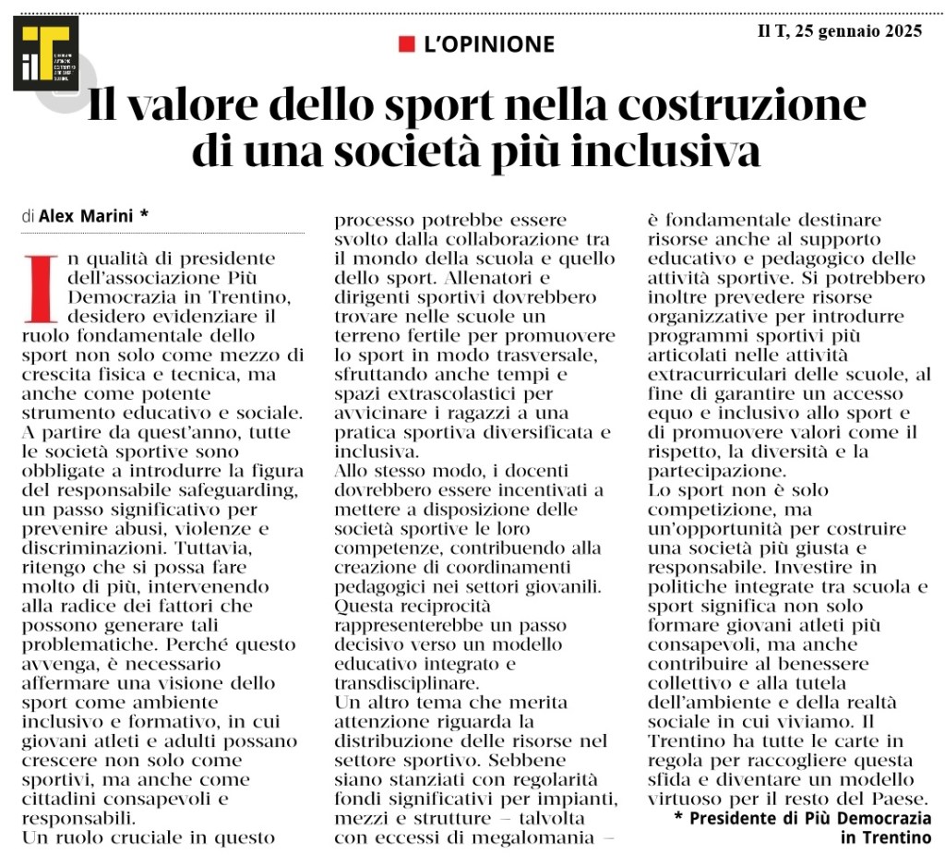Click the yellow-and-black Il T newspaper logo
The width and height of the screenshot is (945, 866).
coord(45,53)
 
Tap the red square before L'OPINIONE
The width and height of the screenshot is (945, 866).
coord(406,43)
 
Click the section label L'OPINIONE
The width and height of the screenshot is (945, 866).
coord(488,43)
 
